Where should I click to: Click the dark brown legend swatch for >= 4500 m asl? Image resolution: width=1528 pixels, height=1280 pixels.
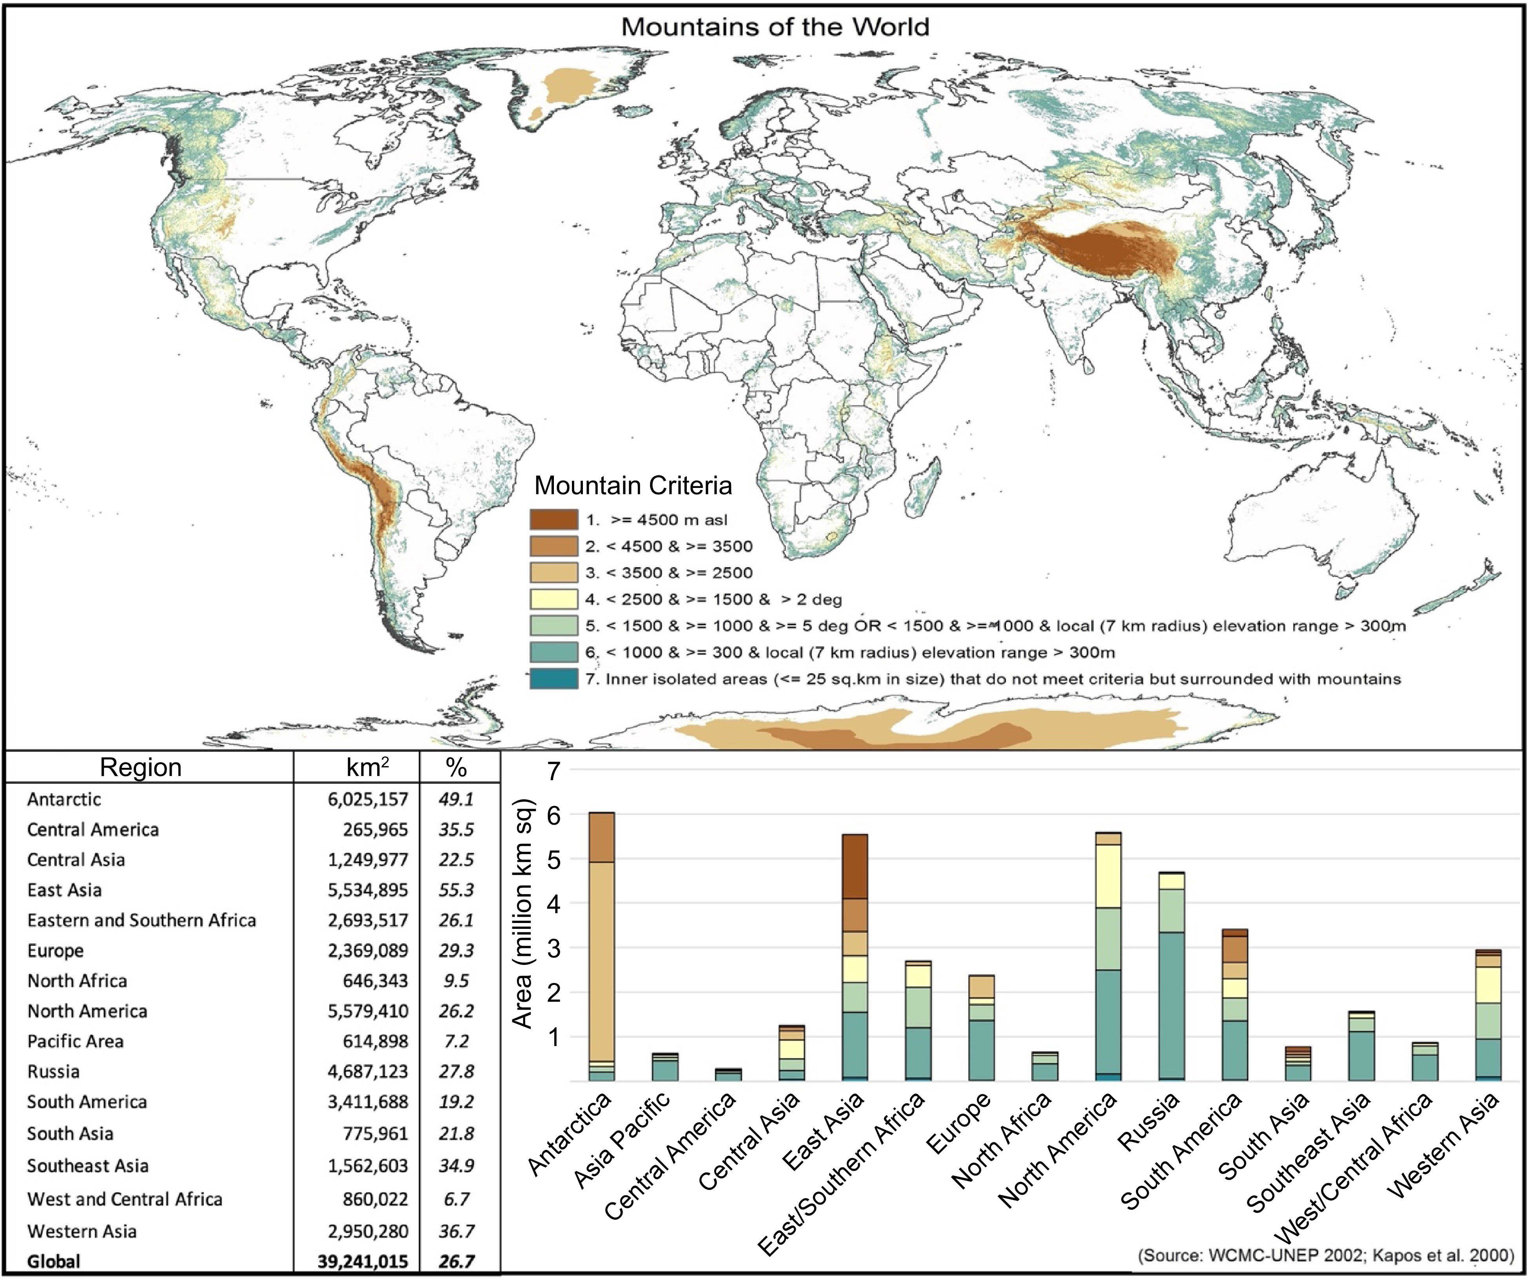(x=554, y=519)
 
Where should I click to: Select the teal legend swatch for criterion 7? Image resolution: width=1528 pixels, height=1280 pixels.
(x=554, y=678)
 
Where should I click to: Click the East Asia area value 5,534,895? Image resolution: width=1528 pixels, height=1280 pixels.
(x=367, y=890)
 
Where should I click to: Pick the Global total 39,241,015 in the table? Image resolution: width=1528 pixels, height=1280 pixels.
(x=362, y=1261)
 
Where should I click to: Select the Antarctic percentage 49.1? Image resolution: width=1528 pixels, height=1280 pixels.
(x=456, y=799)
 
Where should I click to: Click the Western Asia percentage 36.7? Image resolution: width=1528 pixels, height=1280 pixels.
(x=456, y=1231)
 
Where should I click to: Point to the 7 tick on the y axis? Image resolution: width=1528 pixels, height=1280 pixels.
(x=554, y=771)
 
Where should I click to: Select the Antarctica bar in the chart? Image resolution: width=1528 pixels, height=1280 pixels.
(x=601, y=945)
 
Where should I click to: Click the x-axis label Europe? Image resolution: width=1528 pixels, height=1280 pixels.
(x=959, y=1124)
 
